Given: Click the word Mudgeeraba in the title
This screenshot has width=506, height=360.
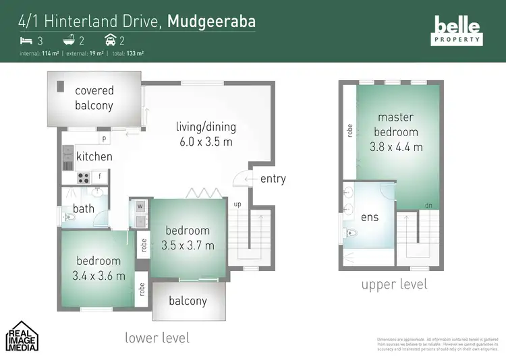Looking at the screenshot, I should pyautogui.click(x=211, y=21).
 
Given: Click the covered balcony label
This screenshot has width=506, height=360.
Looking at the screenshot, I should pyautogui.click(x=94, y=98).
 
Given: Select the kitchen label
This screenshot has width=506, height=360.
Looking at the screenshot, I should pyautogui.click(x=94, y=156).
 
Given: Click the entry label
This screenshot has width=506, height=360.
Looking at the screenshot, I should pyautogui.click(x=273, y=179).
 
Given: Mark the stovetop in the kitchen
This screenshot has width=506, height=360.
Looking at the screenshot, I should pyautogui.click(x=84, y=178).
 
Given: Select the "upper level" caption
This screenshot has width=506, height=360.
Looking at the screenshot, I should pyautogui.click(x=394, y=284).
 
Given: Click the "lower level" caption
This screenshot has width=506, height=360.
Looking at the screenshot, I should pyautogui.click(x=157, y=337).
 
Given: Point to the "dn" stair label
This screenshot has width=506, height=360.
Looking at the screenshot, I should pyautogui.click(x=428, y=206).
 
